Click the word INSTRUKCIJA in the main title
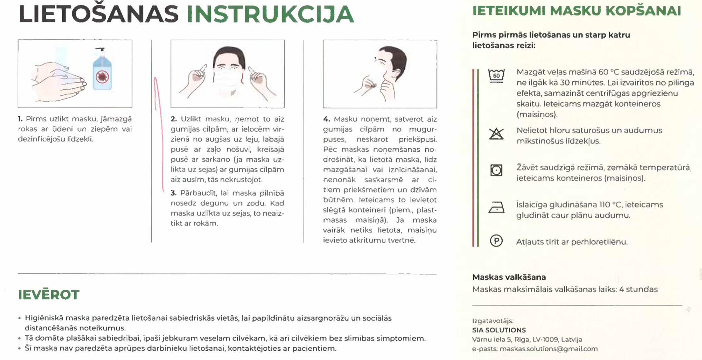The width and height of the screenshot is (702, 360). click(x=270, y=14)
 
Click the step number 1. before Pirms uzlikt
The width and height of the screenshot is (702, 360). click(x=20, y=119)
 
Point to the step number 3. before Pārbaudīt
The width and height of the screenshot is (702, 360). click(x=174, y=193)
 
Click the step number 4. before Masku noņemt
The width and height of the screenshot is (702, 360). click(x=326, y=119)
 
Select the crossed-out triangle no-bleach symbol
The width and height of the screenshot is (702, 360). click(x=496, y=133)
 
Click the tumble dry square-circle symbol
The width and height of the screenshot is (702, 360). click(x=496, y=170)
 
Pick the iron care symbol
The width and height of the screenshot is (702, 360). click(x=496, y=208)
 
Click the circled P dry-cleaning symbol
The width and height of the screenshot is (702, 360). click(x=496, y=241)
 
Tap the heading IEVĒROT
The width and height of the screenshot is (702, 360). click(x=49, y=295)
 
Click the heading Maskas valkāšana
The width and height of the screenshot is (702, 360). click(x=509, y=277)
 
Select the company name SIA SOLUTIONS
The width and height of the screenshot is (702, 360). click(x=499, y=330)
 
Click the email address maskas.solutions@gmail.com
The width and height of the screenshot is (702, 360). click(x=548, y=349)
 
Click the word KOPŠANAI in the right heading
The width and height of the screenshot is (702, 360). click(x=643, y=11)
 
